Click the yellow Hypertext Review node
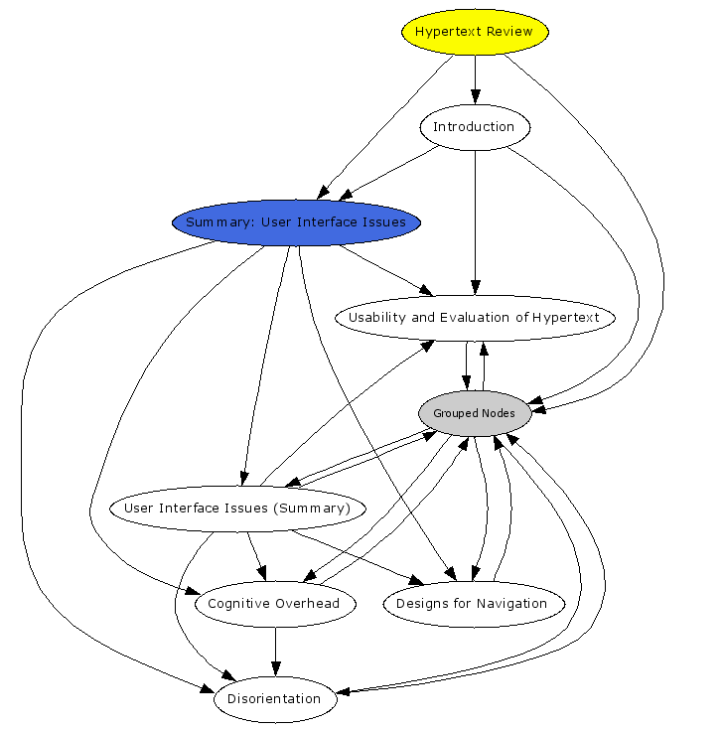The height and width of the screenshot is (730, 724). coord(475,32)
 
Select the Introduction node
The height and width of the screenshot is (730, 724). coord(475,127)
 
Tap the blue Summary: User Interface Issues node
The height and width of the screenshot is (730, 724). coord(296,222)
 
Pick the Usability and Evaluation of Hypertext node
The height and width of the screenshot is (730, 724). coord(474,318)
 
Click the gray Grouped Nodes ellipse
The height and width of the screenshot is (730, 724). coord(474,413)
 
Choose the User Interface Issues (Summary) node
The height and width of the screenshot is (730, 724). coord(236,509)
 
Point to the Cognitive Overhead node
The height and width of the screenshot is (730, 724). coord(274,604)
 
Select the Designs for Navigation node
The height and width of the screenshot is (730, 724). coord(472,604)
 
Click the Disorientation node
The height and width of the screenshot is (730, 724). coord(275,699)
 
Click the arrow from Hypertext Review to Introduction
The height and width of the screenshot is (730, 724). coord(475,79)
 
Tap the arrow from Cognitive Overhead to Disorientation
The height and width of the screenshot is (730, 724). coord(275,652)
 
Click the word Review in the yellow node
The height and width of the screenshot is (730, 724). coord(509,32)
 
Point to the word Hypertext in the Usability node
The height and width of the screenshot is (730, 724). coord(565,318)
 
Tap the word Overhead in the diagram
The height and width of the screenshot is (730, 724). coord(308,604)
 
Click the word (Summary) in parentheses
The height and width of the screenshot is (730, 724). coord(316,509)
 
